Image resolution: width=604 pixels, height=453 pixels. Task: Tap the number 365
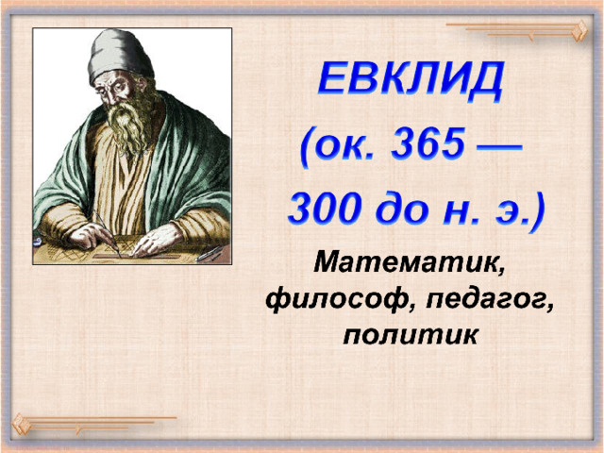428,144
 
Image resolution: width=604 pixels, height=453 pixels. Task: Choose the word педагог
490,300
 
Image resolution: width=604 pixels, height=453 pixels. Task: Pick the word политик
411,333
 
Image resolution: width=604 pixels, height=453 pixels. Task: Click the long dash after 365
500,148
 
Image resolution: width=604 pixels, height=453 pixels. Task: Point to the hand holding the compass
92,236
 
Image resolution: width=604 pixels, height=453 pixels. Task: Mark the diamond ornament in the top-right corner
579,31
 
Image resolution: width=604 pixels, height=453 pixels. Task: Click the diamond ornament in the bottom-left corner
21,424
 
